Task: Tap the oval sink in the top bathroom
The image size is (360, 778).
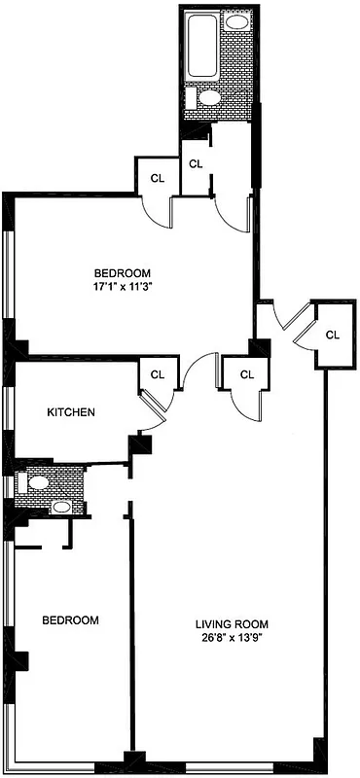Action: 237,21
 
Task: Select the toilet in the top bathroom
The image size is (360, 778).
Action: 208,97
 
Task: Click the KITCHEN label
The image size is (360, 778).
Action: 71,412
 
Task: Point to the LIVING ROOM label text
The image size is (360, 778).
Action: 231,624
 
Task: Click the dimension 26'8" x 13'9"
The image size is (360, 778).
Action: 231,639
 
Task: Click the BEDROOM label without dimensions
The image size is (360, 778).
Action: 69,619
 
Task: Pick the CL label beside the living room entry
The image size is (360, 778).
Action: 333,335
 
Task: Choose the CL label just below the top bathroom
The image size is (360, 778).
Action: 196,163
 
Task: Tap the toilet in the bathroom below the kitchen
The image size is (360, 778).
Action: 38,481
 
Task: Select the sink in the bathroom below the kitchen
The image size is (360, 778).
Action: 60,507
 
